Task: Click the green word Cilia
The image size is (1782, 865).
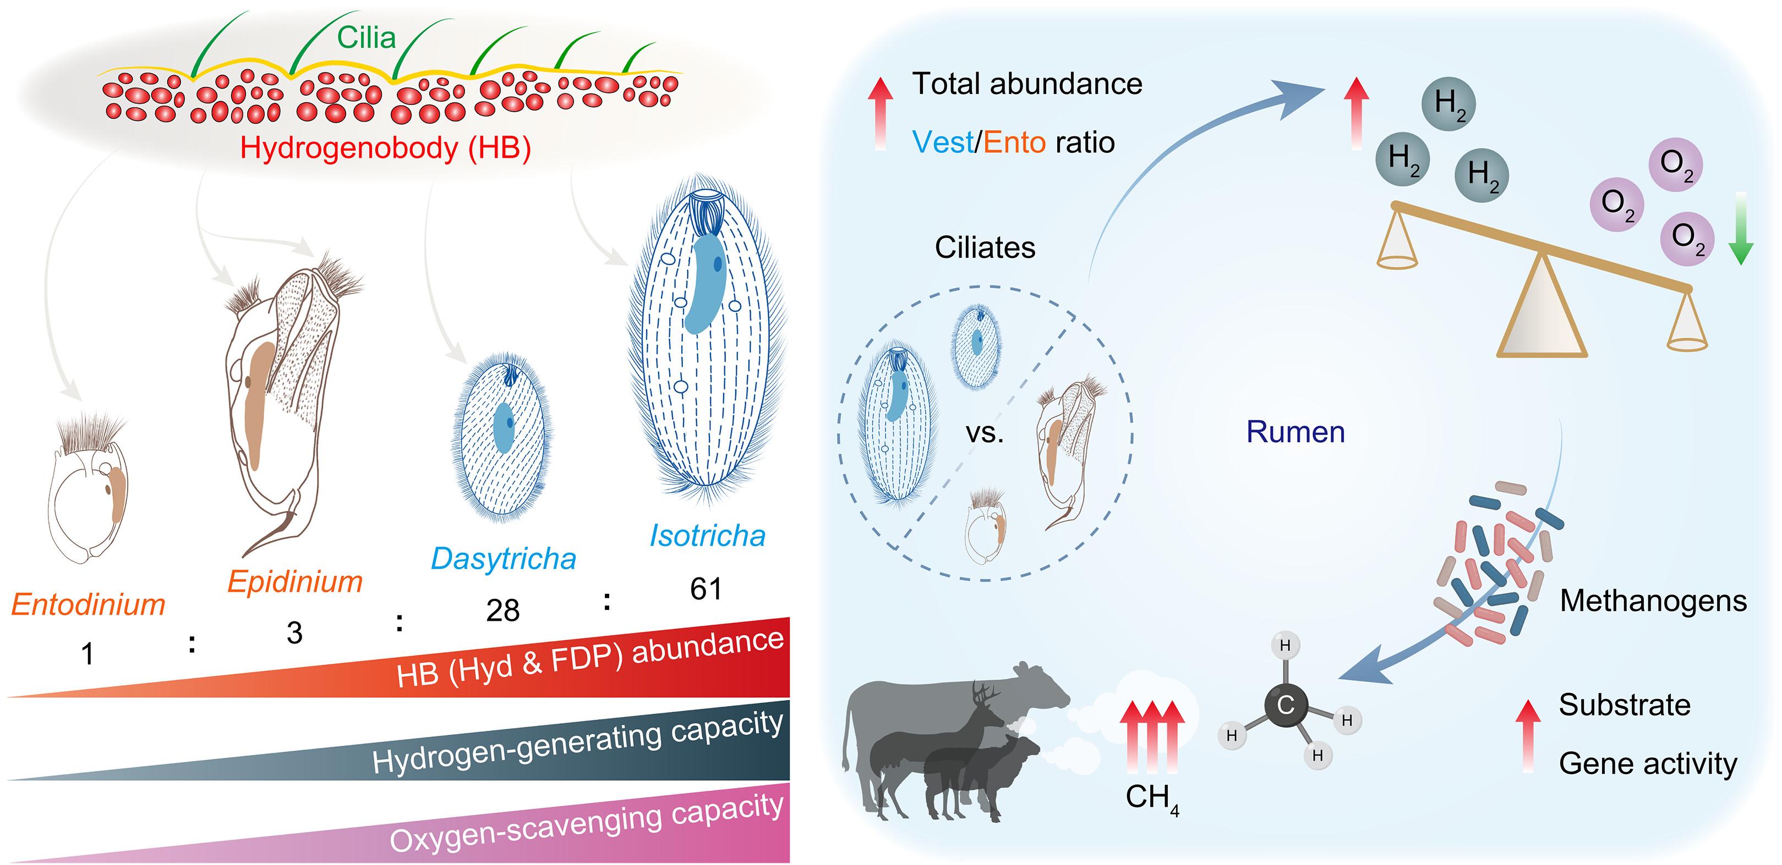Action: [366, 37]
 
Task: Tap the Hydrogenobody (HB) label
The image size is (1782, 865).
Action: [385, 148]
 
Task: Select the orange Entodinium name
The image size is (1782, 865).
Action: [89, 604]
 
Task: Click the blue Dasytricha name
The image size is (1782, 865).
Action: [504, 559]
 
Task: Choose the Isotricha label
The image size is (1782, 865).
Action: [708, 536]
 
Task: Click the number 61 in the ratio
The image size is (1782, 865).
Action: [706, 589]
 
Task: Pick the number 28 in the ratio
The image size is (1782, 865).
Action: [503, 610]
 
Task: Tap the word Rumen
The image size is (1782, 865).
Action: [1295, 432]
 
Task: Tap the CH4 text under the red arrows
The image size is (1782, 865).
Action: [1152, 798]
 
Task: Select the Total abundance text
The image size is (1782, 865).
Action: [1027, 84]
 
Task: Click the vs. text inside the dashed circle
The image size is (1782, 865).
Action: [985, 433]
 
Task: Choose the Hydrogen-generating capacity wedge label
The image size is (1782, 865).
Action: [578, 741]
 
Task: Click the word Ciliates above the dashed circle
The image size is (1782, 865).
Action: [985, 247]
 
